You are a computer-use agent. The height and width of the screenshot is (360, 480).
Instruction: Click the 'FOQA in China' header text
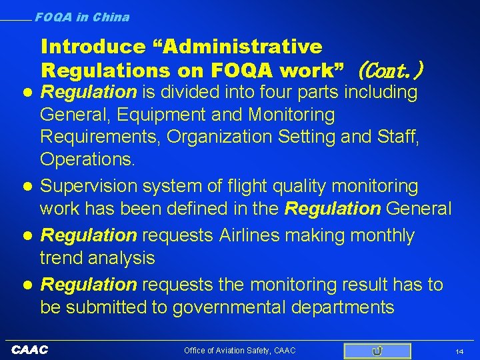82,17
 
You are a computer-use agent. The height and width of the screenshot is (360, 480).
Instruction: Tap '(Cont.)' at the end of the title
391,69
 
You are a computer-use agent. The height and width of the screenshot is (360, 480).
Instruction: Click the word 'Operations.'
87,160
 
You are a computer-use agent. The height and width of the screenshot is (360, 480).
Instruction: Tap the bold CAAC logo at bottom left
31,350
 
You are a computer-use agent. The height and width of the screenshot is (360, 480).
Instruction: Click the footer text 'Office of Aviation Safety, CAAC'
240,351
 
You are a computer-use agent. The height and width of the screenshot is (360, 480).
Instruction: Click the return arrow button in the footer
377,351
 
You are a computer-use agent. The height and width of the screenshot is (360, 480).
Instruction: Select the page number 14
459,351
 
